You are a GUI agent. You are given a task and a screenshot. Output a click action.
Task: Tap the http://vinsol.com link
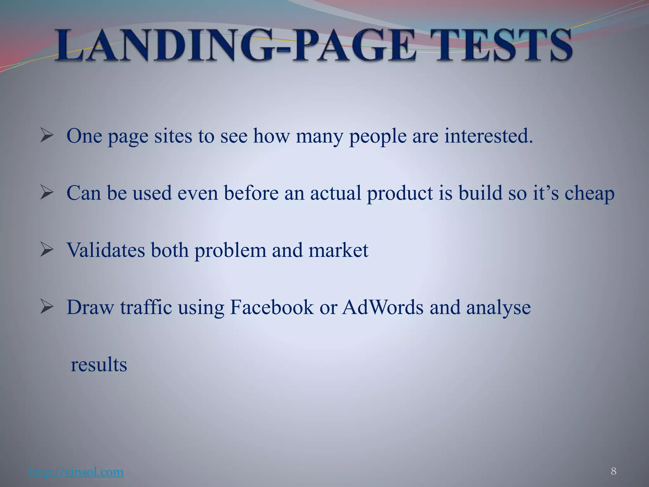coord(76,472)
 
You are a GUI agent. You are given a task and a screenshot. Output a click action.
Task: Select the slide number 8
coord(614,471)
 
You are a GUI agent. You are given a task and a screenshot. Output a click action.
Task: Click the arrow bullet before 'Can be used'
coord(47,193)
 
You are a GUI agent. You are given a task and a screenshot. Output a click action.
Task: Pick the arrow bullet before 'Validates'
coord(47,250)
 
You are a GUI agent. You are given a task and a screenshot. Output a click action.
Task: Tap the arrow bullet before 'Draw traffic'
coord(47,307)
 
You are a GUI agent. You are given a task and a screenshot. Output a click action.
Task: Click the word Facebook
coord(272,307)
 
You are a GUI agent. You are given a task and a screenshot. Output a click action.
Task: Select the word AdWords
coord(382,307)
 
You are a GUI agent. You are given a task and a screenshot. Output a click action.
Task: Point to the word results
coord(99,365)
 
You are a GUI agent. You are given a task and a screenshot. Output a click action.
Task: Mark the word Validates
coord(106,250)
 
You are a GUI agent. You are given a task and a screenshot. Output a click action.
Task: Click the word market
coord(338,250)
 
